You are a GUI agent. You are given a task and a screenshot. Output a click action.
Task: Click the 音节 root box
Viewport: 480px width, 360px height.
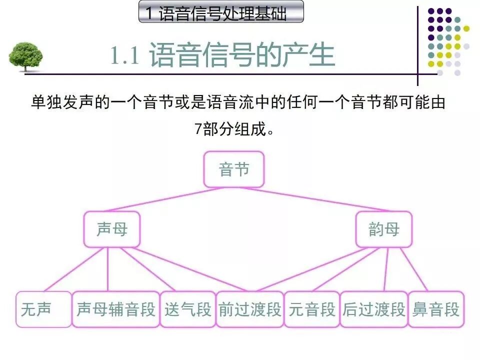coord(233,169)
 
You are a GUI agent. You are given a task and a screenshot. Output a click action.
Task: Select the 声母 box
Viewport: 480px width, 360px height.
coord(112,229)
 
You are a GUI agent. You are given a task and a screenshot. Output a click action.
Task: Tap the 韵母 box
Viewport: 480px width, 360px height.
coord(383,229)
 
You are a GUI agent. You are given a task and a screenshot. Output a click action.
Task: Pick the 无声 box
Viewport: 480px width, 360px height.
coord(43,309)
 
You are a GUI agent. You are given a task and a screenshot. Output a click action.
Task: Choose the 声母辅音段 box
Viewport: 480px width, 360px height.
coord(115,309)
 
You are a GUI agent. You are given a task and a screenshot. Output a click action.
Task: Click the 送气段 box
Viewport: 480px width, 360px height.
coord(187,309)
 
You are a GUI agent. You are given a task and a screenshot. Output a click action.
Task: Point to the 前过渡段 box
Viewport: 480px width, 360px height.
coord(249,309)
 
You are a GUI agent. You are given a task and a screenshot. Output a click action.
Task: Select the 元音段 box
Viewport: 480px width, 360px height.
coord(311,309)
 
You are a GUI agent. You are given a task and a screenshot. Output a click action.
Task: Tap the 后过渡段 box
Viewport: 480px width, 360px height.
coord(373,309)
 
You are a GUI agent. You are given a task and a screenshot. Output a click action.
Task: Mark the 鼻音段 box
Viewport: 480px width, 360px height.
coord(435,309)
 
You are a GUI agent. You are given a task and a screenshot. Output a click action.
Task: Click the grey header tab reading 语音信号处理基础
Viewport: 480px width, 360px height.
coord(220,13)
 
